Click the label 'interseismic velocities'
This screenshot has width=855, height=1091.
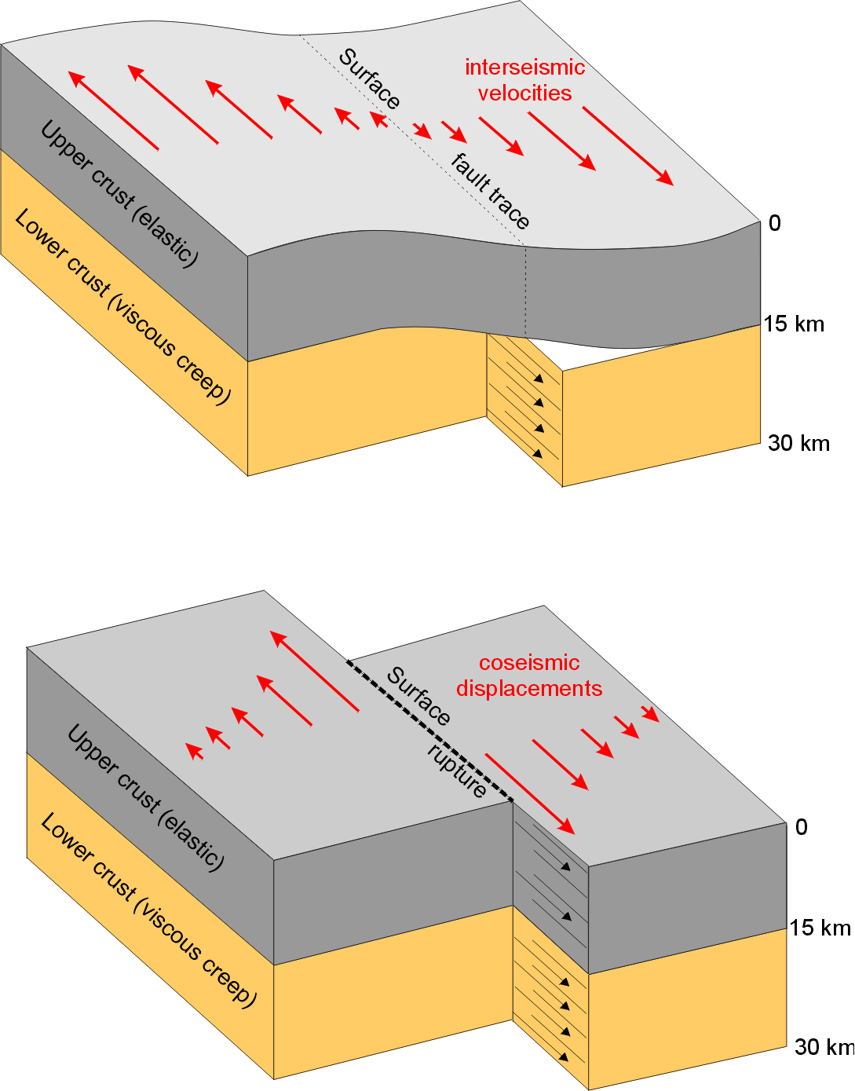click(x=524, y=80)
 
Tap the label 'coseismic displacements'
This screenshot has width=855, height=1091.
click(x=529, y=675)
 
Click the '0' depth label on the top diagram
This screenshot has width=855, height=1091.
click(x=775, y=224)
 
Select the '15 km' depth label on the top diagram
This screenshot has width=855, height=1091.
click(x=794, y=324)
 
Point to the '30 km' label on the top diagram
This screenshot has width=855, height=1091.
click(x=798, y=443)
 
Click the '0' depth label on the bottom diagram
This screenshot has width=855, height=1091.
click(x=801, y=827)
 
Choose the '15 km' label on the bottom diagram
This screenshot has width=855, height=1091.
click(x=820, y=928)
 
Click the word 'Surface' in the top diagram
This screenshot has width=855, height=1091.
click(x=370, y=79)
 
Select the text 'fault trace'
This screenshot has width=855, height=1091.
click(x=491, y=191)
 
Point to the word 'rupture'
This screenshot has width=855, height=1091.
click(x=457, y=771)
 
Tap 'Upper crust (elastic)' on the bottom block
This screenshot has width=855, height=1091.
click(x=146, y=797)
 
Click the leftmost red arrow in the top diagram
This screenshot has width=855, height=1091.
click(x=113, y=110)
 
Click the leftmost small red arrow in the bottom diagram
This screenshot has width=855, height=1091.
click(x=195, y=751)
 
